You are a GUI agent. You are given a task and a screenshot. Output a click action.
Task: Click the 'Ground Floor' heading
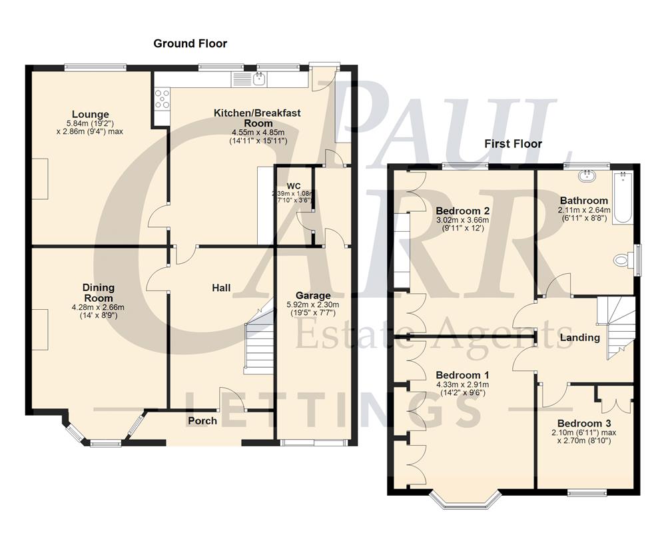(190, 44)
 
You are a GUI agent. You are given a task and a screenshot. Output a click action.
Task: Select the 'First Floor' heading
(513, 144)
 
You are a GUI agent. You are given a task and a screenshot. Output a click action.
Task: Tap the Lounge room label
(92, 115)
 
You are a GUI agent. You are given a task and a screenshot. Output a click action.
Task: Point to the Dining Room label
(98, 292)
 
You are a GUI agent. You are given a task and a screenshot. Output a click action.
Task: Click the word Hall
(221, 288)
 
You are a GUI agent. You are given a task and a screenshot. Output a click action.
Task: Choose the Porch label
(202, 420)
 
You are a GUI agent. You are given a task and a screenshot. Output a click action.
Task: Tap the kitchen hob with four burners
(161, 99)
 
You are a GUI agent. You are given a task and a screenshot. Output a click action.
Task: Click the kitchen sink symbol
(259, 80)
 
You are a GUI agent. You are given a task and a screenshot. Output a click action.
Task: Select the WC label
(294, 185)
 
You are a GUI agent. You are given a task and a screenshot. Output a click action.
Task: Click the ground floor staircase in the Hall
(259, 343)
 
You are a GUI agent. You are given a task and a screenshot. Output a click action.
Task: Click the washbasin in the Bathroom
(587, 177)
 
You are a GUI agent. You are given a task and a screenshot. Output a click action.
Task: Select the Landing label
(579, 338)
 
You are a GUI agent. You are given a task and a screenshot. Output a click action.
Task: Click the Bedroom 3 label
(584, 424)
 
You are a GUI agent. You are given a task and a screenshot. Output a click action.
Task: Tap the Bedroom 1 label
(462, 375)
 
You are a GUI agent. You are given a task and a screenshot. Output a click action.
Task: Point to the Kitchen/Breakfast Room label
(257, 118)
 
